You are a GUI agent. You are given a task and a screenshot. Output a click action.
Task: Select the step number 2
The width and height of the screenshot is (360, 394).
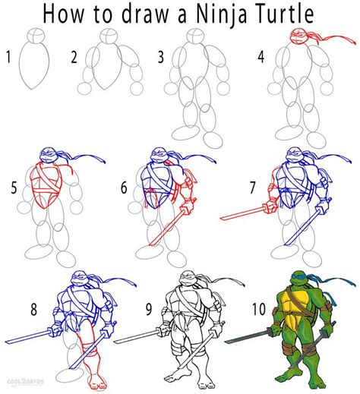coord(74,57)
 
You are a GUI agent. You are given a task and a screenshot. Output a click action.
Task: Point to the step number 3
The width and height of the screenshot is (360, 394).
coord(161,57)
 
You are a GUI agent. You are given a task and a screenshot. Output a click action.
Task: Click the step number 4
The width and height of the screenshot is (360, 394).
coord(261,57)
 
